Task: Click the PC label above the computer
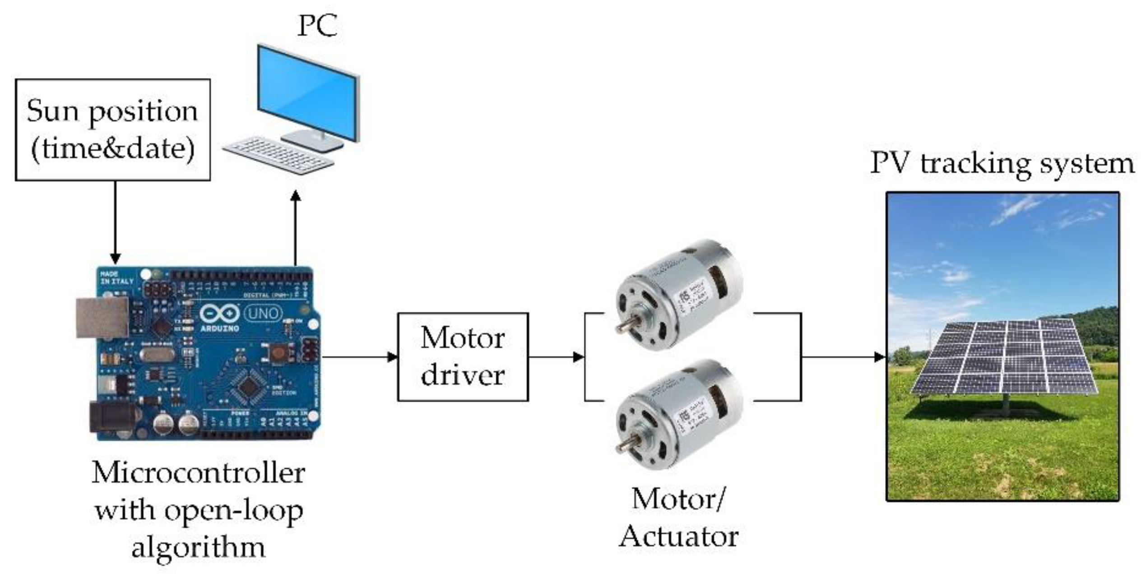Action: (x=317, y=26)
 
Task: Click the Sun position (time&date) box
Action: (x=113, y=130)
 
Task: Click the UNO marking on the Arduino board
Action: (x=263, y=313)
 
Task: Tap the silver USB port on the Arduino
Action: (x=101, y=317)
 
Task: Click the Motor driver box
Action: (x=463, y=357)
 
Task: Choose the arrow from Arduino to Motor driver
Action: (x=359, y=357)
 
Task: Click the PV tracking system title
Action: (x=1002, y=163)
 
